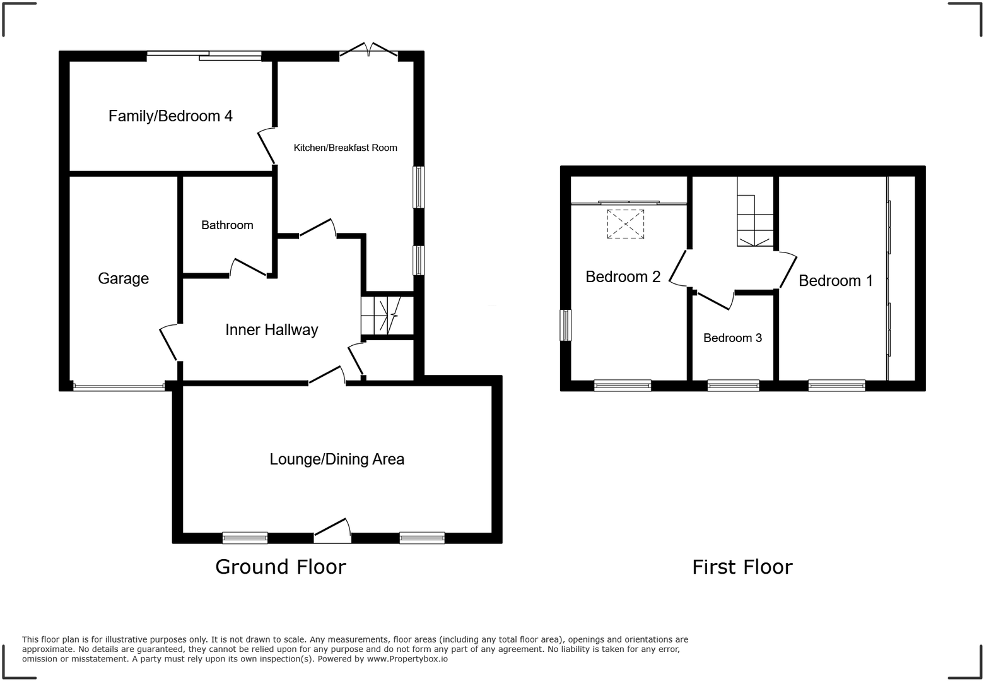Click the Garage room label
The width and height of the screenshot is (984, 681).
coord(124,279)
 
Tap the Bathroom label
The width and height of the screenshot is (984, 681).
coord(227,225)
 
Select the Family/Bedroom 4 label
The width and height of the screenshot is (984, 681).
coord(170,116)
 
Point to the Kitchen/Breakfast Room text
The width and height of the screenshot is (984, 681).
coord(345,148)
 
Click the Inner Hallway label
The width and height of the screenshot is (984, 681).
coord(271,330)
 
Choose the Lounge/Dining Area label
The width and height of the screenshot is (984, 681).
coord(337,459)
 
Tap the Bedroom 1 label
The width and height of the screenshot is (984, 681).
coord(836,281)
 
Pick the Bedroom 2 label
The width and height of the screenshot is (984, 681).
coord(623,277)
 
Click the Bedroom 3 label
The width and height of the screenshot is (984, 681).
coord(732,338)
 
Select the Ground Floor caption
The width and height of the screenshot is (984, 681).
coord(280,567)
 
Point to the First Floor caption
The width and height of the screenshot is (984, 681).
coord(742,567)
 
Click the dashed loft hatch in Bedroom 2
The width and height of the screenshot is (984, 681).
coord(626,224)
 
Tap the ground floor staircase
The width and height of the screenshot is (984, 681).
coord(387,316)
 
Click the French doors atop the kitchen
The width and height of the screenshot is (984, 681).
coord(368,49)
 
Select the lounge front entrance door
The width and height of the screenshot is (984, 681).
coord(332,530)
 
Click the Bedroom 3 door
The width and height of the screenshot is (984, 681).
coord(714,300)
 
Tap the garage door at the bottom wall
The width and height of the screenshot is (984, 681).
coord(119,387)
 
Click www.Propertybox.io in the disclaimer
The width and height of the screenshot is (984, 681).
coord(407,659)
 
